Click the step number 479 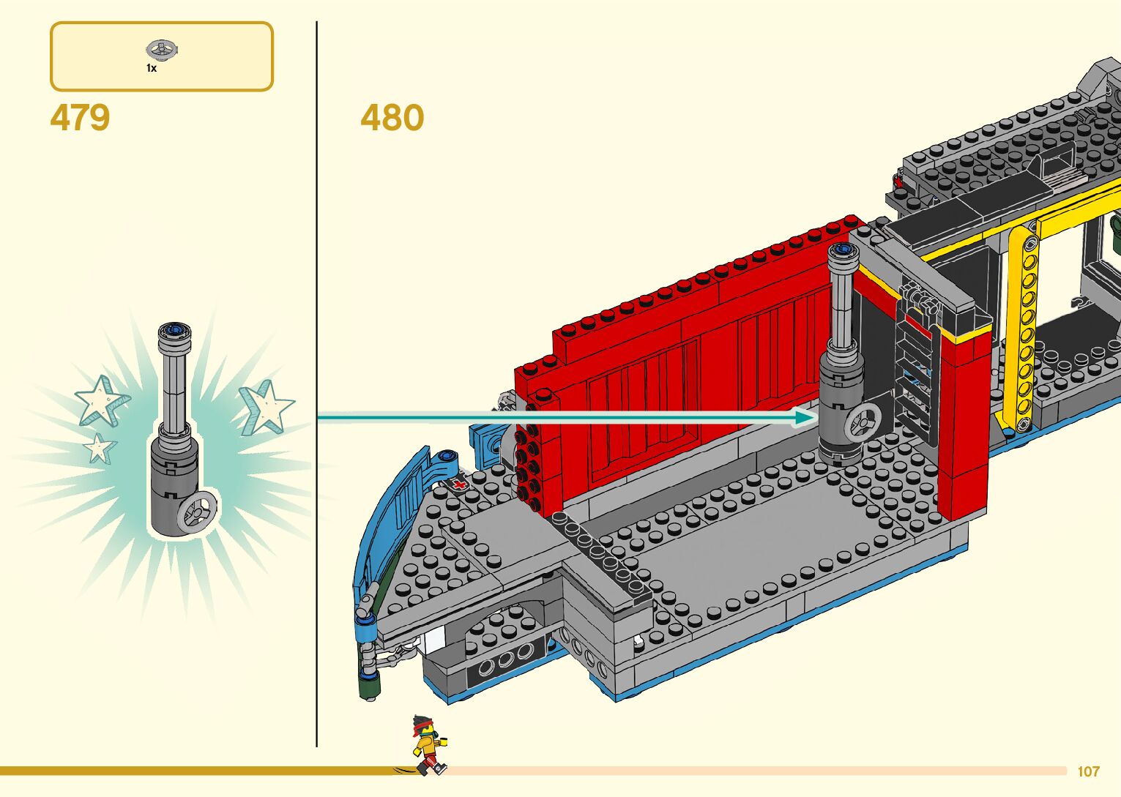80,118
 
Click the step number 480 392,118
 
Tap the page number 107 1088,771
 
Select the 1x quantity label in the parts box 152,68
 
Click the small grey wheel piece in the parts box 162,50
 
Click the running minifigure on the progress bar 428,745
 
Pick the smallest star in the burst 99,447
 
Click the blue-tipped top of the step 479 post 174,331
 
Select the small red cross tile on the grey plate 459,484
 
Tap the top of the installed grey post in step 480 841,252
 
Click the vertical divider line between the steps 317,381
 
